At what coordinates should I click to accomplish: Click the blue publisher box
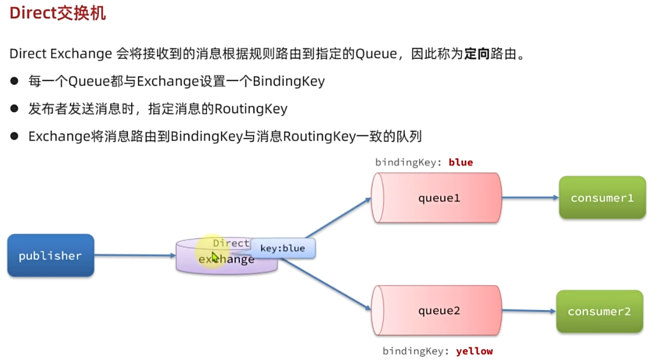point(51,256)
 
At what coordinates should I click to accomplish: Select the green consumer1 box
point(602,198)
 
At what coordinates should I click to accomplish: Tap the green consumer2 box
point(599,312)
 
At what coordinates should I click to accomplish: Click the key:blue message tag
point(282,248)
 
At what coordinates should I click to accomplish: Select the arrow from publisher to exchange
point(134,256)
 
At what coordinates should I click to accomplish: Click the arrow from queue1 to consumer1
point(530,198)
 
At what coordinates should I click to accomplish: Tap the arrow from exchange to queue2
point(325,284)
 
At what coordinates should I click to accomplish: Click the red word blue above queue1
point(460,162)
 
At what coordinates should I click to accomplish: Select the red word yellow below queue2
point(474,351)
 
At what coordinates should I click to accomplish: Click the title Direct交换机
point(58,13)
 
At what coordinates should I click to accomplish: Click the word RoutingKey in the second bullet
point(251,109)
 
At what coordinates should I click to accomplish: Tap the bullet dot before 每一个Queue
point(15,82)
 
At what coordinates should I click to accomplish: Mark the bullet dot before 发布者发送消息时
point(15,109)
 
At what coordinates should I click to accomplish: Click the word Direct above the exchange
point(231,243)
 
